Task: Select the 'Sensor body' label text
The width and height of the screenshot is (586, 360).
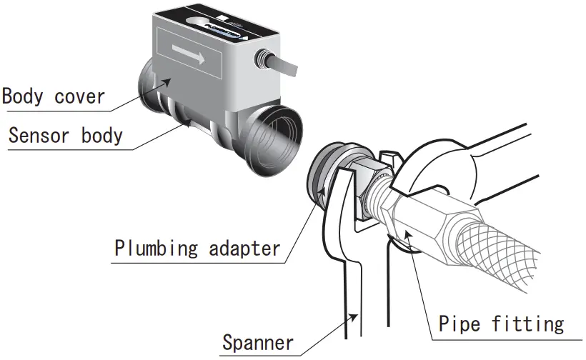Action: (x=65, y=136)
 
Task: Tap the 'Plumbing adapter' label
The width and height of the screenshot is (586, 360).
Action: (x=197, y=249)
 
